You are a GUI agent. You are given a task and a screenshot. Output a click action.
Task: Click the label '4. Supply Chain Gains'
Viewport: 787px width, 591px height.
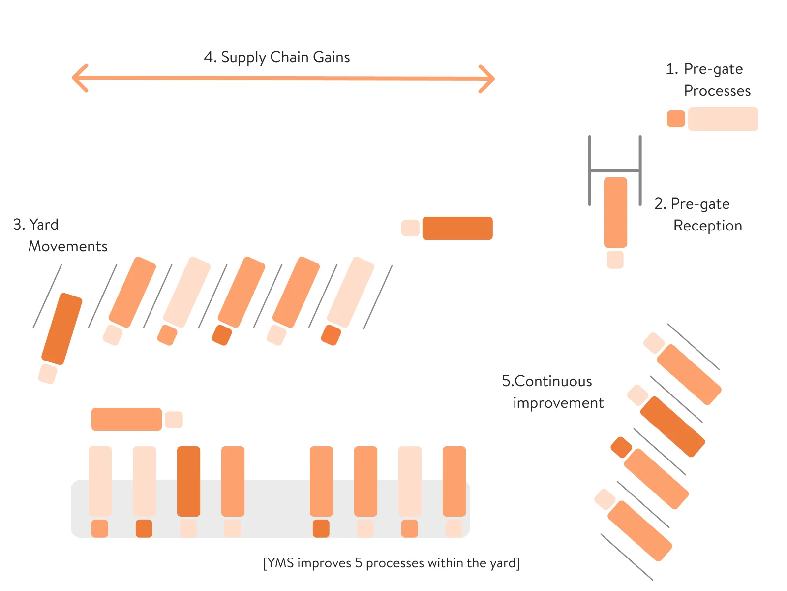pyautogui.click(x=277, y=57)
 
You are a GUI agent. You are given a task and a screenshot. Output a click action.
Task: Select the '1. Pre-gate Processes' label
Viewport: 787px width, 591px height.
pyautogui.click(x=708, y=79)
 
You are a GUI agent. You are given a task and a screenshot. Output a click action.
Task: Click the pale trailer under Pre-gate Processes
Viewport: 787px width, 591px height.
pyautogui.click(x=723, y=119)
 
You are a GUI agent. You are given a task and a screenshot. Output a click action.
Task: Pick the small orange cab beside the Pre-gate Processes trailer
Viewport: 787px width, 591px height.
pyautogui.click(x=676, y=119)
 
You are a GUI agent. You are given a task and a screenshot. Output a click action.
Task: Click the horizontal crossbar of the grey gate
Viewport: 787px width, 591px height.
pyautogui.click(x=615, y=170)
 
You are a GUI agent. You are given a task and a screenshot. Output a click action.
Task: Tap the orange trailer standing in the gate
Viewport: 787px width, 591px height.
pyautogui.click(x=615, y=212)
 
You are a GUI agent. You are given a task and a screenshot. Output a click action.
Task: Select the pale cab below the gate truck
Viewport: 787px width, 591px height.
pyautogui.click(x=615, y=260)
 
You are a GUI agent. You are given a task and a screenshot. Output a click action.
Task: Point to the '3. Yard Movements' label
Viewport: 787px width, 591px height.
pyautogui.click(x=60, y=235)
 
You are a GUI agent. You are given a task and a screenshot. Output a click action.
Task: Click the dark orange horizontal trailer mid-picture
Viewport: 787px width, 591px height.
pyautogui.click(x=457, y=228)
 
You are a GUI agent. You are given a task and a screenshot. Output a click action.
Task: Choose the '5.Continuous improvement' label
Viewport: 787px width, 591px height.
pyautogui.click(x=552, y=392)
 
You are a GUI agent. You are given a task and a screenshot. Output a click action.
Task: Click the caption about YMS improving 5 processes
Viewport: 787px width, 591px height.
pyautogui.click(x=392, y=563)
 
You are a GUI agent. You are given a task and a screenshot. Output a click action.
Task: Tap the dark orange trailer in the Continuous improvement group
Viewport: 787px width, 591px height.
pyautogui.click(x=672, y=427)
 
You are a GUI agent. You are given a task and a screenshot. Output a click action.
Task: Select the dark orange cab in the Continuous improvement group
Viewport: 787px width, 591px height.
pyautogui.click(x=621, y=447)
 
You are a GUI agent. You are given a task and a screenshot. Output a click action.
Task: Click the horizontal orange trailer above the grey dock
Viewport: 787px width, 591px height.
pyautogui.click(x=126, y=419)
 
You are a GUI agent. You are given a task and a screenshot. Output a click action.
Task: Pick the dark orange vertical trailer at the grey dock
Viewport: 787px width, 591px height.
pyautogui.click(x=188, y=481)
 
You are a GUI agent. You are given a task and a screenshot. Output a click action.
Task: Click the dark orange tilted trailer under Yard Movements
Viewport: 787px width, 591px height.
pyautogui.click(x=62, y=328)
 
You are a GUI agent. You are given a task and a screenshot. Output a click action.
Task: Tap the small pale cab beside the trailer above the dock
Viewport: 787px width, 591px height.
pyautogui.click(x=174, y=420)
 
